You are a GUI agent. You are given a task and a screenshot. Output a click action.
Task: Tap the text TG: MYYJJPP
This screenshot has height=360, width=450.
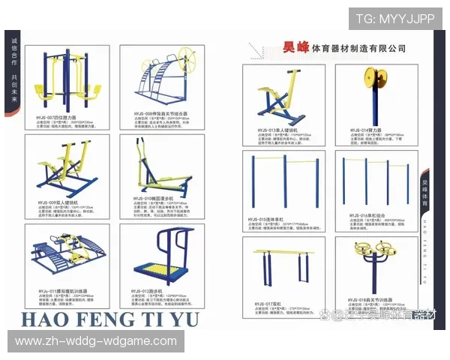click(x=394, y=19)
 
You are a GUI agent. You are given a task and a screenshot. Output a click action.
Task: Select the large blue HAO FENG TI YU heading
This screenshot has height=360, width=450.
click(x=109, y=319)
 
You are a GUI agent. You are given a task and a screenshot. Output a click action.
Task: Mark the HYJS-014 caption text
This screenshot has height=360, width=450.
click(x=363, y=130)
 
